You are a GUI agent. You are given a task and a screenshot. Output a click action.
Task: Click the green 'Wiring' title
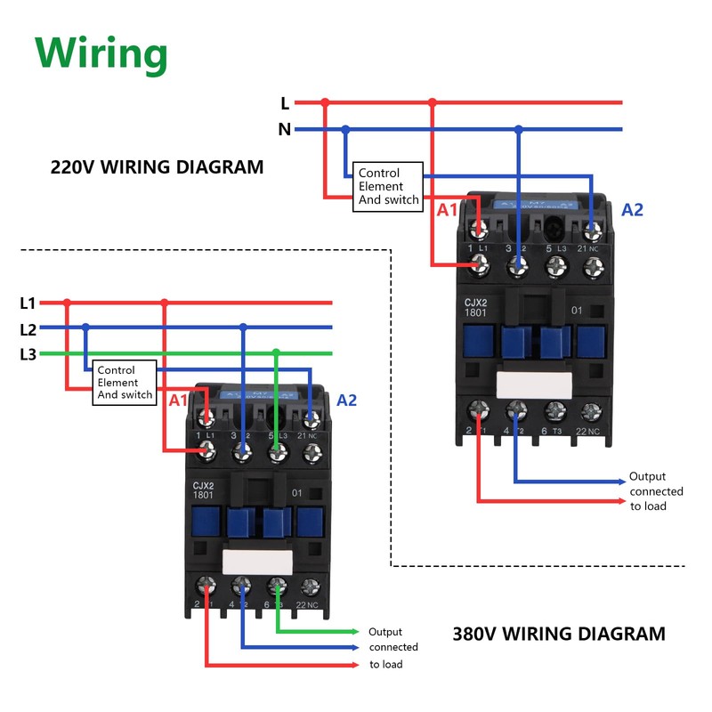[101, 54]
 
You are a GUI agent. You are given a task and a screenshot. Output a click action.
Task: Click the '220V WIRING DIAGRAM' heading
[157, 166]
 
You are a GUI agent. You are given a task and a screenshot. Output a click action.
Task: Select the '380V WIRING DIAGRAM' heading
[559, 635]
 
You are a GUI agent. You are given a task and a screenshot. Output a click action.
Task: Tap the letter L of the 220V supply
[285, 103]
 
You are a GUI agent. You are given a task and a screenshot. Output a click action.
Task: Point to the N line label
[284, 130]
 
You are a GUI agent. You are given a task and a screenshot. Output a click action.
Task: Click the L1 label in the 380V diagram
[28, 303]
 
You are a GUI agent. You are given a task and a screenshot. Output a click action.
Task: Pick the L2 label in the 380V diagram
[28, 328]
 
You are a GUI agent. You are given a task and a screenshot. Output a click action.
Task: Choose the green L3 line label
[28, 354]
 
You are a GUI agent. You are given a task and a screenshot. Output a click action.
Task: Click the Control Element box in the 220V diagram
[388, 186]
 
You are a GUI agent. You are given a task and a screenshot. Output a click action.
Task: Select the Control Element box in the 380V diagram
[125, 383]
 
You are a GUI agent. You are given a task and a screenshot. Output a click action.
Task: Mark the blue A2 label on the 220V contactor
[632, 210]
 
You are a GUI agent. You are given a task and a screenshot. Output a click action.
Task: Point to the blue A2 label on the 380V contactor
[346, 400]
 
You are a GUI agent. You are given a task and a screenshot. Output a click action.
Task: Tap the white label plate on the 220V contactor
[534, 384]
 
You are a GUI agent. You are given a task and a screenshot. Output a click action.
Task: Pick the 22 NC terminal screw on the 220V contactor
[591, 410]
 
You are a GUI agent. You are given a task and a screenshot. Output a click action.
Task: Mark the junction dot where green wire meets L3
[277, 353]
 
